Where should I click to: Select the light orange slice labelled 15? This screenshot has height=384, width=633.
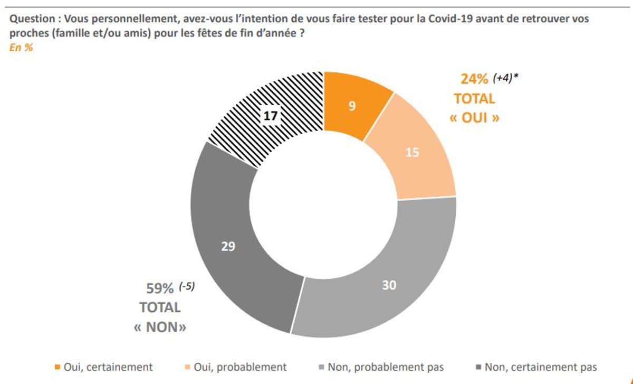coord(412,153)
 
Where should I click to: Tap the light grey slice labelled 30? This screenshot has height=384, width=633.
coord(389,285)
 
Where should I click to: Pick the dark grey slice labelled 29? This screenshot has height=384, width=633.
coord(228,246)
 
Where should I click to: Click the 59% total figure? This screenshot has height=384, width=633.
coord(160,289)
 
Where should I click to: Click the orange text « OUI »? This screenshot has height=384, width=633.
coord(474,118)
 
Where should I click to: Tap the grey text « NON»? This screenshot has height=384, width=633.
coord(160,327)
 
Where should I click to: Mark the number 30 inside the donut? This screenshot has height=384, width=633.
coord(389,285)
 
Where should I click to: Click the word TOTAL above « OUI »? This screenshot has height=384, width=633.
coord(474,99)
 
